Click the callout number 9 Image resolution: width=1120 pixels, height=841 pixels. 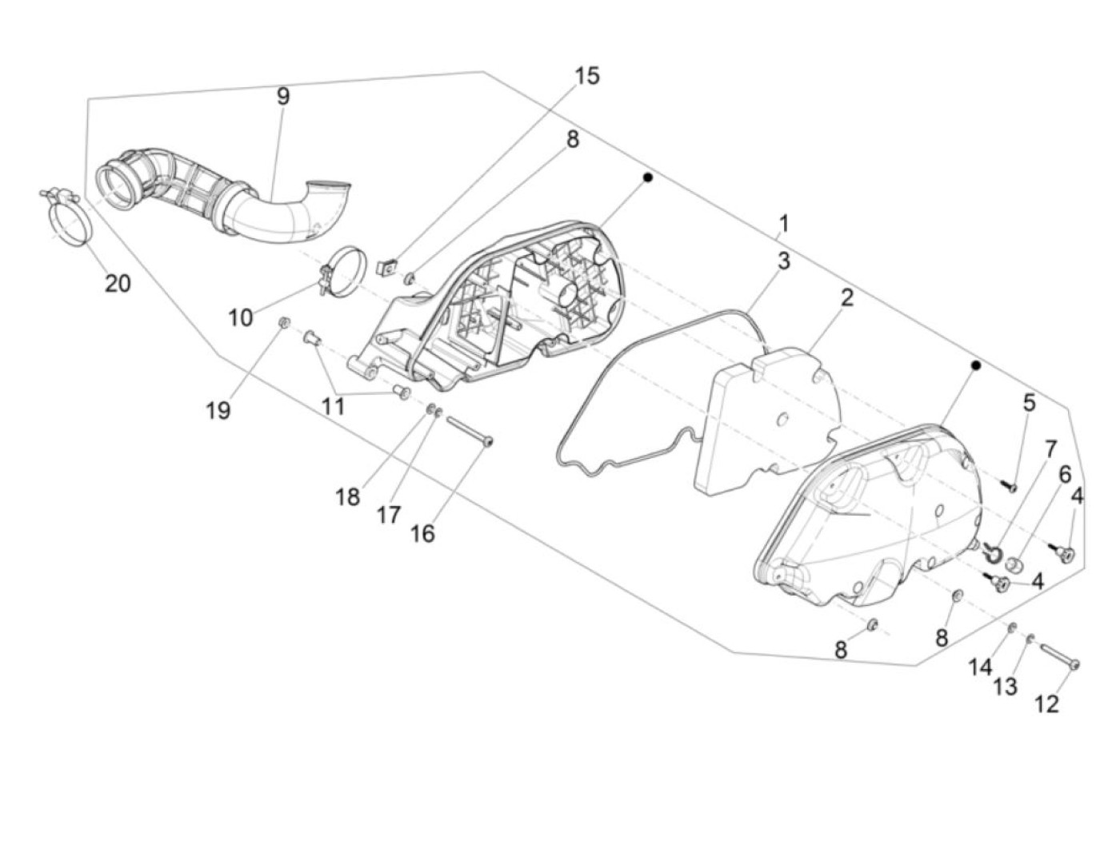coord(283,96)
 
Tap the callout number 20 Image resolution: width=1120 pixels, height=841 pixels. coord(118,283)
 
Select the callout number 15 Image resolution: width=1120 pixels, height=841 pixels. coord(586,76)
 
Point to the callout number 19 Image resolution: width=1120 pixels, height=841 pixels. coord(218,410)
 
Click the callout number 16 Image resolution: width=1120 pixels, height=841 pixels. coord(422,533)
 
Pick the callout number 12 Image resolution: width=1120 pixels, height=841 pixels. coord(1046,703)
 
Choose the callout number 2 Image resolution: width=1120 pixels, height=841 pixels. coord(847,298)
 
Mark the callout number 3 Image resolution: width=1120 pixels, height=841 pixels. coord(783,261)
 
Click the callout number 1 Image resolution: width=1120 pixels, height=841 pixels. coord(784,223)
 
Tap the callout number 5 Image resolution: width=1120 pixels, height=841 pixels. coord(1029,403)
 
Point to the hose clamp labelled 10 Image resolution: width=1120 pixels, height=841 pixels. coord(346,265)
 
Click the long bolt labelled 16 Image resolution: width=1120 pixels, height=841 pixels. coord(469,432)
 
